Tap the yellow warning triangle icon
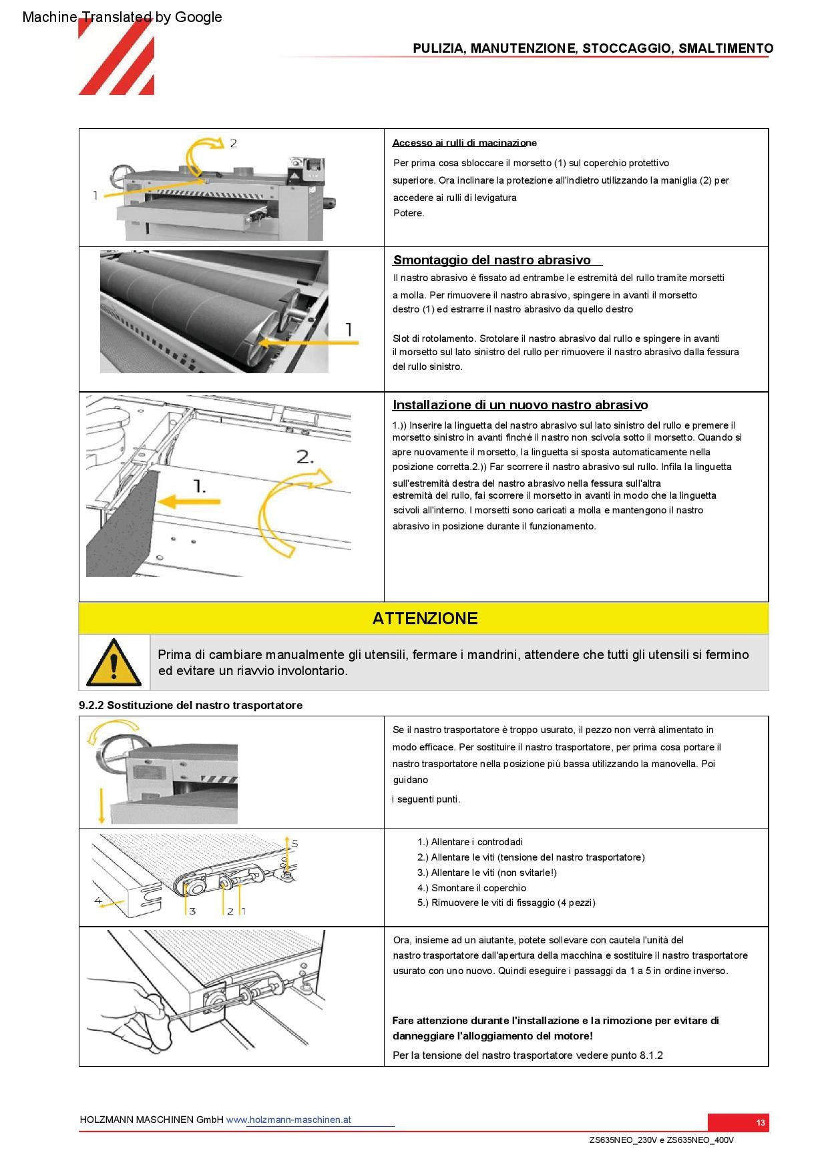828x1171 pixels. (114, 663)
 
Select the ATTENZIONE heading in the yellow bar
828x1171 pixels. (425, 618)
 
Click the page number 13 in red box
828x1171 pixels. (761, 1122)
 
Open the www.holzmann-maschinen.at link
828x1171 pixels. (288, 1120)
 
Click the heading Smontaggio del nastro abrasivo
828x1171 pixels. (492, 260)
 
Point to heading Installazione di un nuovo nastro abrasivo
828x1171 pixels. (520, 405)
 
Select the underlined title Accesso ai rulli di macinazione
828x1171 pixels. (464, 143)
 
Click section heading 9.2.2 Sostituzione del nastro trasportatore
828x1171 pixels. (190, 705)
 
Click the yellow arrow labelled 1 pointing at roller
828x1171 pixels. (307, 342)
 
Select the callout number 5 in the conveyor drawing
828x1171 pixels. (294, 843)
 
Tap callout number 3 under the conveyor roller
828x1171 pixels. (192, 911)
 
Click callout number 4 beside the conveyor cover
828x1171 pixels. (98, 901)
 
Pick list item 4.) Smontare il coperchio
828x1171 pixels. (471, 888)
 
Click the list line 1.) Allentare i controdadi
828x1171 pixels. (470, 842)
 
